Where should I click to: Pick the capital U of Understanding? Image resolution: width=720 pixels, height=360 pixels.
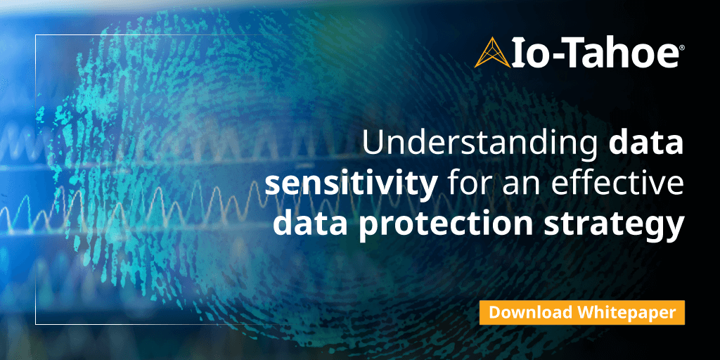(373, 144)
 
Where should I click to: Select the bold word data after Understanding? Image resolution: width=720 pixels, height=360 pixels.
(646, 144)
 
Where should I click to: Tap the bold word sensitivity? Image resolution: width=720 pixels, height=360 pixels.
(352, 185)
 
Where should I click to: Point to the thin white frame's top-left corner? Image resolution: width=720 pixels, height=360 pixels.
(36, 33)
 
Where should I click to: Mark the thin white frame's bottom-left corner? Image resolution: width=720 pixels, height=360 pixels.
(36, 324)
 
